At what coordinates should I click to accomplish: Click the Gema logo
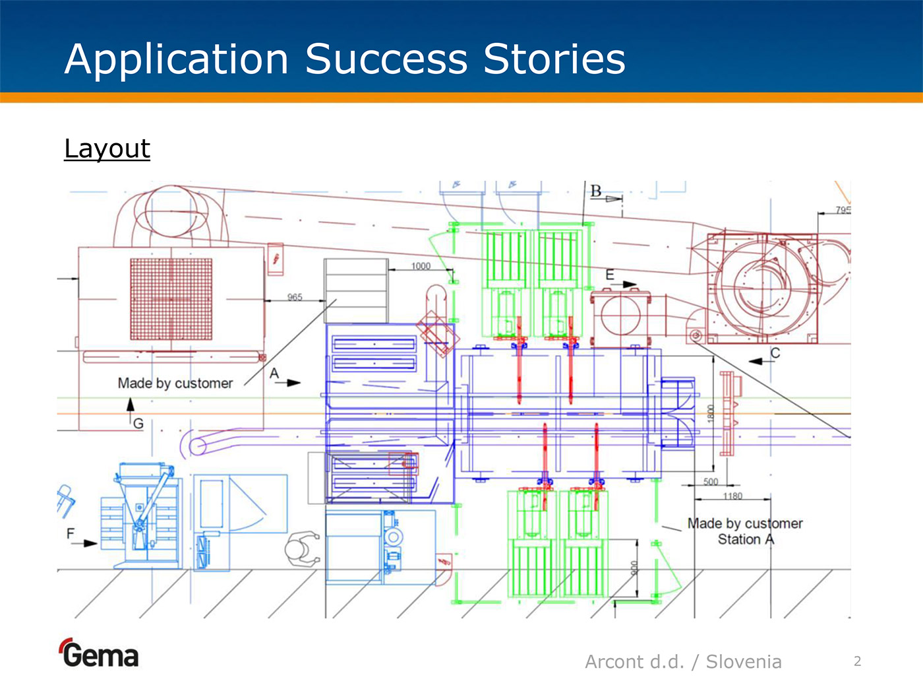click(100, 654)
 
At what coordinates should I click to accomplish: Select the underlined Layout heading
click(107, 149)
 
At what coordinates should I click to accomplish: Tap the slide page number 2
click(857, 661)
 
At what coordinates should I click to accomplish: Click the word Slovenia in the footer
click(744, 661)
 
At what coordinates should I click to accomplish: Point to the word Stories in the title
click(554, 59)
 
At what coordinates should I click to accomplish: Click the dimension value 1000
click(421, 266)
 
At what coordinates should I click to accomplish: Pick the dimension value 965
click(295, 297)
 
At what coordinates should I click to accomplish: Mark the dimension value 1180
click(732, 496)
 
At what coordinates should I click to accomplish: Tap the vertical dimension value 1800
click(710, 414)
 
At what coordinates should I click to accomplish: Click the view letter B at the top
click(596, 191)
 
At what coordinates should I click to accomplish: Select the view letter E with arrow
click(610, 275)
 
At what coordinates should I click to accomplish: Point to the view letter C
click(775, 353)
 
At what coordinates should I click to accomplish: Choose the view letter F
click(71, 533)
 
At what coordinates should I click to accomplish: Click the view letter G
click(138, 424)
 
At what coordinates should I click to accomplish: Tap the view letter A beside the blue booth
click(274, 374)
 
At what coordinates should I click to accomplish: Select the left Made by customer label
click(175, 383)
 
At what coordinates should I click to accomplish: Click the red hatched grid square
click(171, 299)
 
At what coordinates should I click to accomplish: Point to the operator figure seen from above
click(303, 548)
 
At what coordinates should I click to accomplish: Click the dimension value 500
click(710, 482)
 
